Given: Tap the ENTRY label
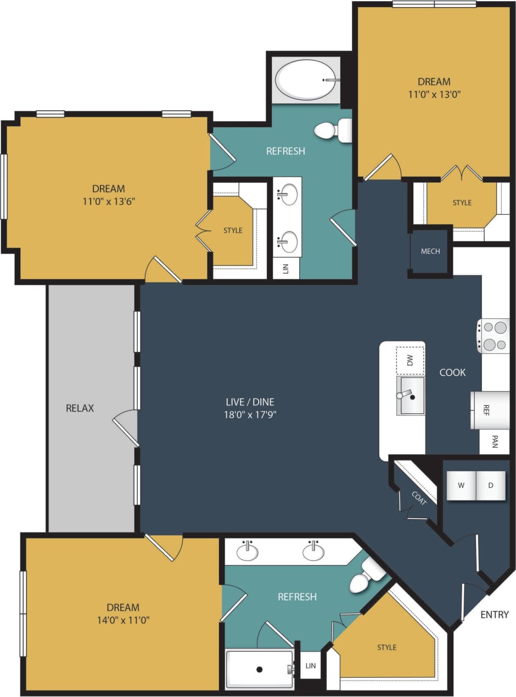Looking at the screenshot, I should point(494,614).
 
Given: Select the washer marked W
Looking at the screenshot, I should point(462,485).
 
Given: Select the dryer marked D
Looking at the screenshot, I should point(491,485).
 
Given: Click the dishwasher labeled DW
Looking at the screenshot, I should point(410,361).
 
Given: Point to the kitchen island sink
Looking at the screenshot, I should point(411,395).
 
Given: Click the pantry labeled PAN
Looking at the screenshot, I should point(494,442).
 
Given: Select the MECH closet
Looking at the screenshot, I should point(430,252).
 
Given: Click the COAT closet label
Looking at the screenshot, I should point(418,497).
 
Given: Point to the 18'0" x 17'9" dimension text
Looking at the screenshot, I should point(247,414).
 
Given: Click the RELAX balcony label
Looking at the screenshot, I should point(80,408).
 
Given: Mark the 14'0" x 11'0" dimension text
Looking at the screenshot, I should point(123,620).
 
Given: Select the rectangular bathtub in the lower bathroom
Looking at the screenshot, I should point(259,669).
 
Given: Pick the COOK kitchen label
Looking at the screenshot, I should point(452,372).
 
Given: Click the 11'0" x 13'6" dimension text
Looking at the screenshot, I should point(109,201).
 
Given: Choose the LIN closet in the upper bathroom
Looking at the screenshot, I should point(286,268).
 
